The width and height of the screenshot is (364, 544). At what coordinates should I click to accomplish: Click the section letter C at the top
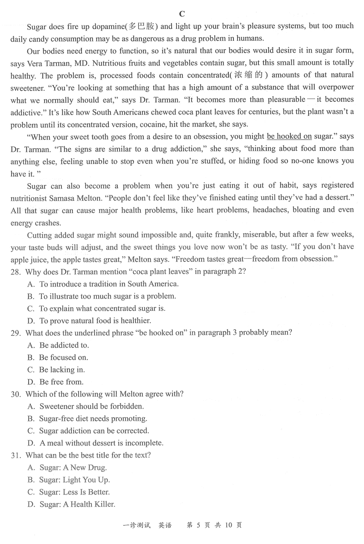(x=182, y=14)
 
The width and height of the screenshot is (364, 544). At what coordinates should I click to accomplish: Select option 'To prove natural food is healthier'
(x=95, y=320)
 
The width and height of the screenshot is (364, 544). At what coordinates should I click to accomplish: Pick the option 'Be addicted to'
(x=64, y=345)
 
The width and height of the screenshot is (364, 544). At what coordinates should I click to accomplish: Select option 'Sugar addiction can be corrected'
(x=94, y=430)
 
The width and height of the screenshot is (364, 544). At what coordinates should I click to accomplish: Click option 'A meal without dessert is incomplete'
(x=101, y=443)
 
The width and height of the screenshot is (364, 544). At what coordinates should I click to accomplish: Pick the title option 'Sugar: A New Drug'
(x=73, y=467)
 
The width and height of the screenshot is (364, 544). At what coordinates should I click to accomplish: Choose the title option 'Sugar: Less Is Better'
(x=74, y=492)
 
